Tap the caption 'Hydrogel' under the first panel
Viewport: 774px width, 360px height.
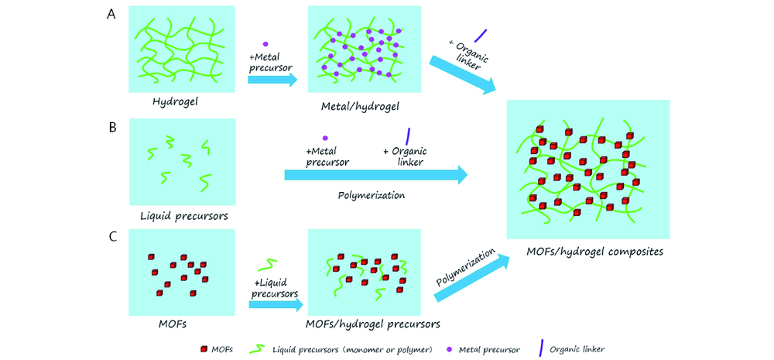pyautogui.click(x=176, y=101)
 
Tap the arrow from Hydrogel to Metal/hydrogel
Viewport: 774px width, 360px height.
pyautogui.click(x=272, y=79)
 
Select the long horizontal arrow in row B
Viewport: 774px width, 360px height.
pyautogui.click(x=376, y=175)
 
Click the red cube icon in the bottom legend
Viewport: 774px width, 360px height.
pyautogui.click(x=202, y=347)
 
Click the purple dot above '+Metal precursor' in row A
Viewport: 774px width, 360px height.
pyautogui.click(x=266, y=44)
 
